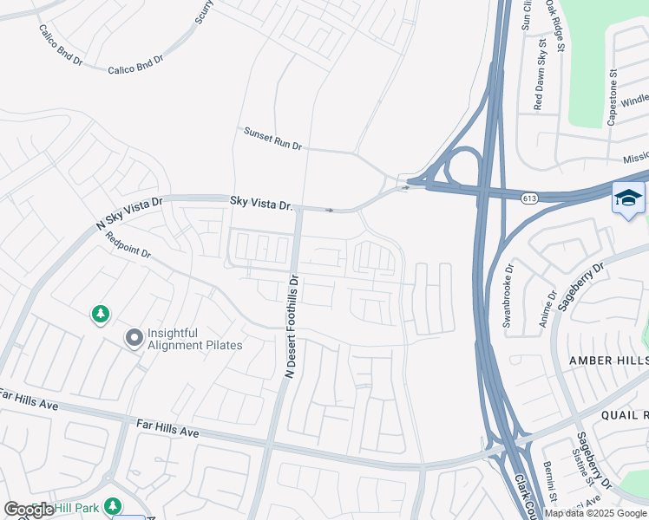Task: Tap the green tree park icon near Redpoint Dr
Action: (x=101, y=314)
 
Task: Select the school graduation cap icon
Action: (x=627, y=198)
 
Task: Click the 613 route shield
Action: (x=528, y=198)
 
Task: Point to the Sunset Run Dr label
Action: (x=272, y=140)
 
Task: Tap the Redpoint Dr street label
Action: (x=128, y=248)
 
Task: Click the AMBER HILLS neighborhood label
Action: (x=607, y=360)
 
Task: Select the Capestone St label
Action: (x=612, y=98)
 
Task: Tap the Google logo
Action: (x=29, y=510)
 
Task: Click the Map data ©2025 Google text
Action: (x=595, y=513)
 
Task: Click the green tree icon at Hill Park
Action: (x=113, y=505)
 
